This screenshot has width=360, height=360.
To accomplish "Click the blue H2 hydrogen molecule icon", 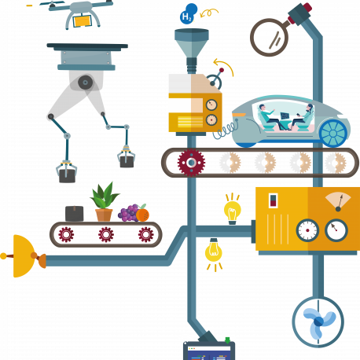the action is [189, 14].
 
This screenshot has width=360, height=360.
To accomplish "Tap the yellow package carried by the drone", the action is [83, 21].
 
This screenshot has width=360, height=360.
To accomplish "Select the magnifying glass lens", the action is [269, 37].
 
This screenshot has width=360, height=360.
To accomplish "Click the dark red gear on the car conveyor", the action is [191, 163].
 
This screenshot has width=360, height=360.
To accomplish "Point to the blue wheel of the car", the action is [333, 133].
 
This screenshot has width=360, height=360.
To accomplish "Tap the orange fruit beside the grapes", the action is [142, 214].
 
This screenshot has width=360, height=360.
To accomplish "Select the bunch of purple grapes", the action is [128, 213].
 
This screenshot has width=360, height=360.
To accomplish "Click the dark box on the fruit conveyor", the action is [75, 214].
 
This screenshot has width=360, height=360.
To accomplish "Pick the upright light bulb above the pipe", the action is [233, 209].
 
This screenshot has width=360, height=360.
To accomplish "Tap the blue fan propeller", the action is [319, 321].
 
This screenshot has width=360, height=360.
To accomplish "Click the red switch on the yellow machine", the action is [273, 200].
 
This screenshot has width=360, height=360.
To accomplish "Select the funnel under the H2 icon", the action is [192, 50].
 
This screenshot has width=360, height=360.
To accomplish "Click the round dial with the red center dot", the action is [307, 230].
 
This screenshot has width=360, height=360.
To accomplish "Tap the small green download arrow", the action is [227, 340].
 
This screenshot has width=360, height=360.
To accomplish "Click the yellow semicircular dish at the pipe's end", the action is [24, 256].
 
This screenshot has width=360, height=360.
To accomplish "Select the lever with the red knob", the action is [217, 77].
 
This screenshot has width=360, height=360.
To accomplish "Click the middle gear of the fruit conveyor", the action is [106, 234].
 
